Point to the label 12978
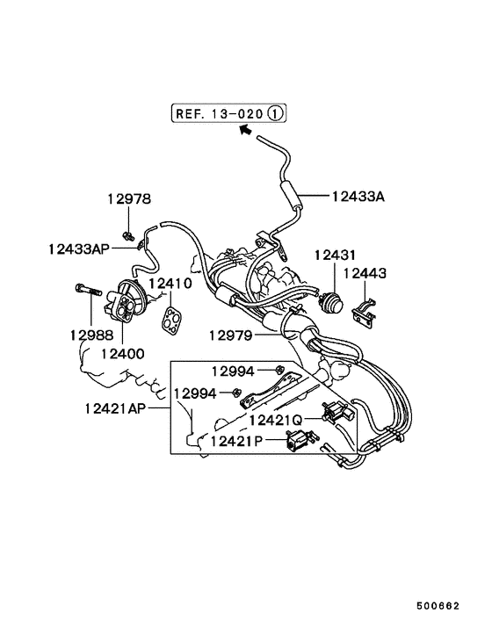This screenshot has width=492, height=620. point(130,199)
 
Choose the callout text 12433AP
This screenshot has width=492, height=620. point(79,249)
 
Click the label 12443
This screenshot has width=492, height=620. point(364,274)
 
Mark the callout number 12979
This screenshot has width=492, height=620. point(231,335)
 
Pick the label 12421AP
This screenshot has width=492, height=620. point(116,408)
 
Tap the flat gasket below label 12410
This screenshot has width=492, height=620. point(174,319)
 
